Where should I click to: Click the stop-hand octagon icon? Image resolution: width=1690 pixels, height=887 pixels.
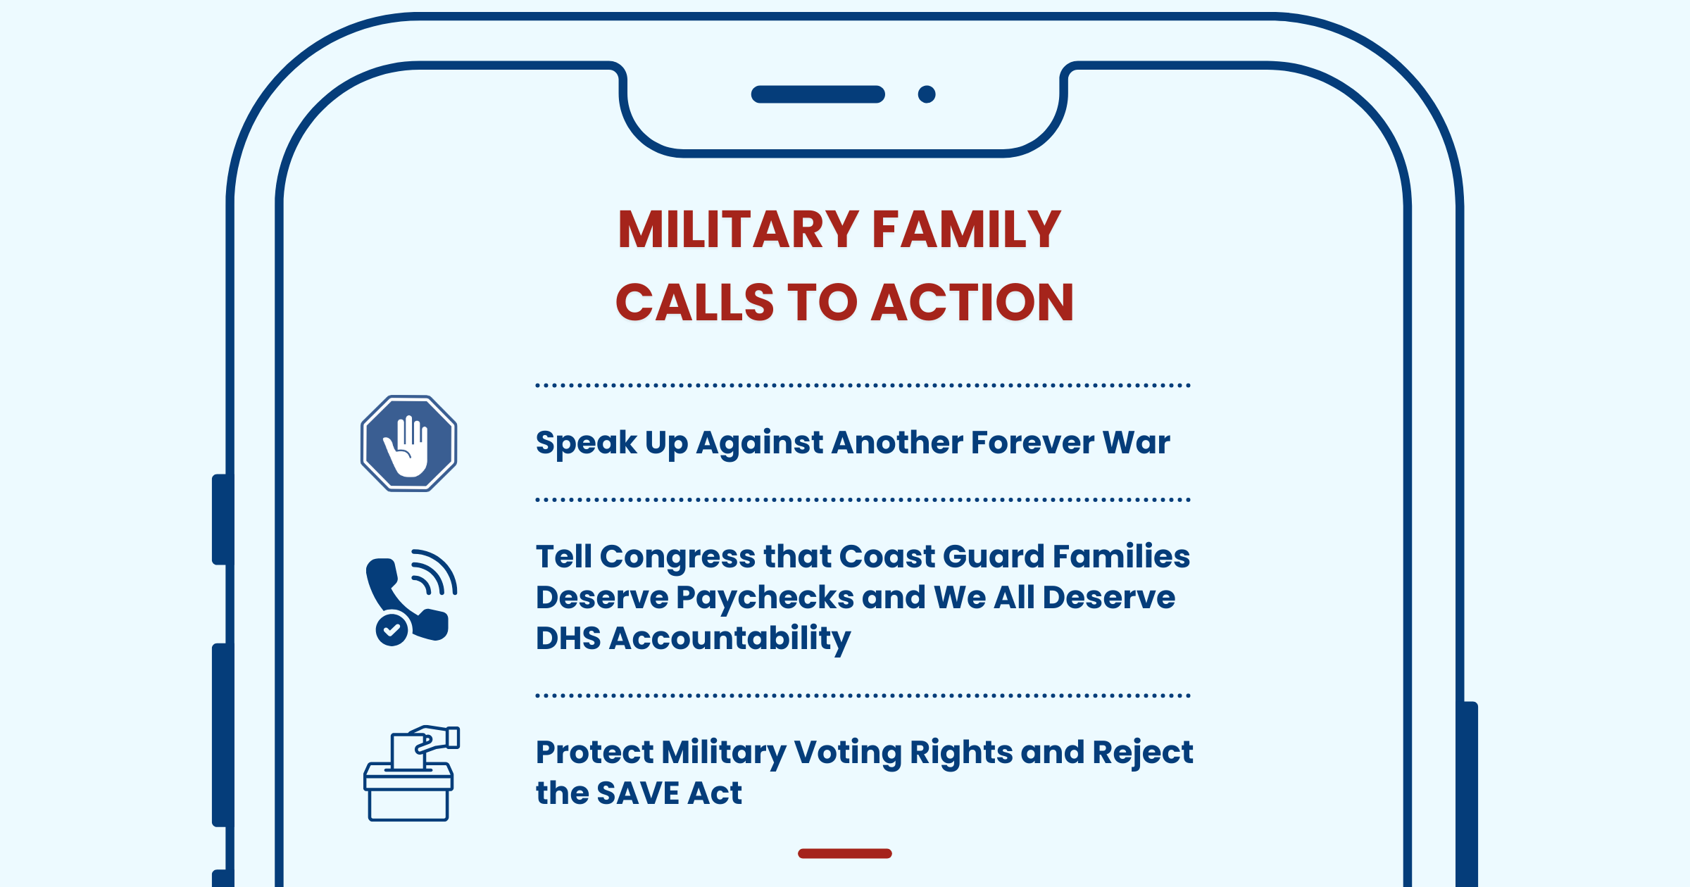(408, 444)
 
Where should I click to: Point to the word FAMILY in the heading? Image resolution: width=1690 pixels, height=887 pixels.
(967, 229)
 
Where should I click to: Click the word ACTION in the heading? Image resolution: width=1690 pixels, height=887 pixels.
(973, 302)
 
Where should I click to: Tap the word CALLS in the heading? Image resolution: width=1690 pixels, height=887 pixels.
(695, 302)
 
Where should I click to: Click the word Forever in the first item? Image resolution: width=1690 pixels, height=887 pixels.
(1032, 442)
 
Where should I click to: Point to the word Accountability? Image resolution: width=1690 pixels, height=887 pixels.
(730, 639)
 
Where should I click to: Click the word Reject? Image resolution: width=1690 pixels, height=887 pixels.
(1143, 753)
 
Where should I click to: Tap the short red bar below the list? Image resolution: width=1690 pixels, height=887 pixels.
(845, 853)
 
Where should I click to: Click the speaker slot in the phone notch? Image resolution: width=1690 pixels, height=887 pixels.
(818, 94)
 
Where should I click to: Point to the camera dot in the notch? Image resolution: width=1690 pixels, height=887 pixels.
(927, 94)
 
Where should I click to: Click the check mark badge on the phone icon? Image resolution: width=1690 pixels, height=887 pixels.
(392, 629)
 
